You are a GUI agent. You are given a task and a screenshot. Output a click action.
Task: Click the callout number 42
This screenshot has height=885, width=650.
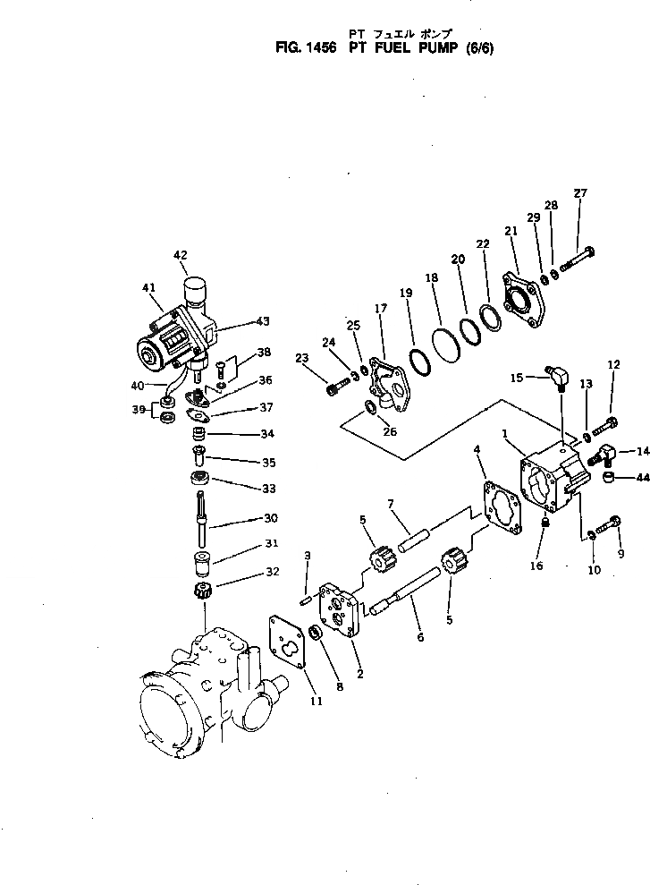coord(181,254)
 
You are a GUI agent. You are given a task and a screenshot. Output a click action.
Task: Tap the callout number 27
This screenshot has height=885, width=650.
coord(580,193)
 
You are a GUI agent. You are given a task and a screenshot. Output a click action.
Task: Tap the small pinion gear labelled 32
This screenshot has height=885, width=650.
coord(201,591)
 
